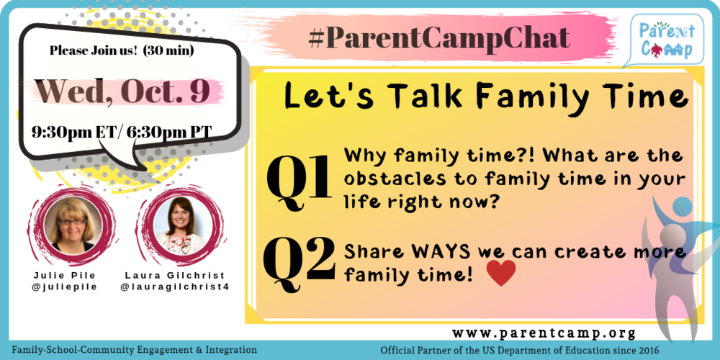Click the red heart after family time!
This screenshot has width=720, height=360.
tap(501, 273)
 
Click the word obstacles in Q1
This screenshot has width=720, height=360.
tap(386, 179)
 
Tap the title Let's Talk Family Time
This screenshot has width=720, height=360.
tap(481, 96)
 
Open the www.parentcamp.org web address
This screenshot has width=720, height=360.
tap(544, 333)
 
